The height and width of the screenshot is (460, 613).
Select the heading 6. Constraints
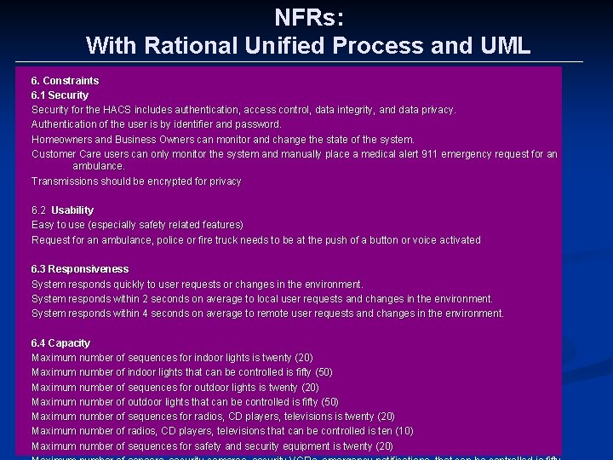[x=65, y=81]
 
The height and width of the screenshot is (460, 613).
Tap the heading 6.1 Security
[x=60, y=95]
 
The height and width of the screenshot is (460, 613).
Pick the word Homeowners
[x=61, y=139]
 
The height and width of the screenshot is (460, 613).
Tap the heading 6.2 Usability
[x=62, y=210]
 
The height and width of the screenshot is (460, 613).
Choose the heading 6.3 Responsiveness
[x=80, y=269]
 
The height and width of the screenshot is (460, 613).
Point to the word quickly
[x=130, y=285]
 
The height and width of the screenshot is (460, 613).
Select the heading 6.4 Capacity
[x=60, y=343]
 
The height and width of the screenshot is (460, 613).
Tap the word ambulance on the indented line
[x=98, y=166]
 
